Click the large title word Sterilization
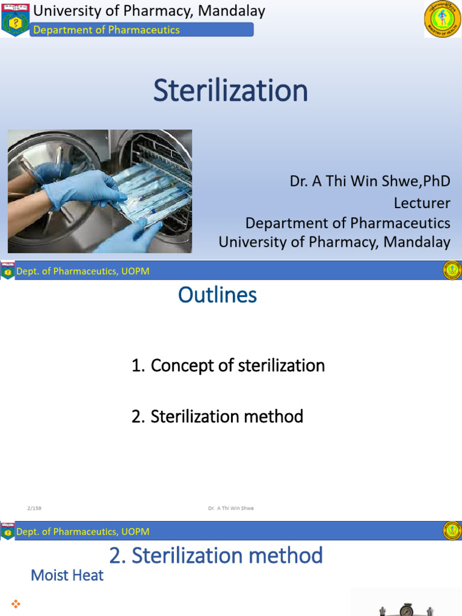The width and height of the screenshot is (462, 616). tap(230, 91)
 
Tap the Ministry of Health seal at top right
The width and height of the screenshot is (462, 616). tap(442, 19)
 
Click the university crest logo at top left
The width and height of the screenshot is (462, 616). tap(15, 20)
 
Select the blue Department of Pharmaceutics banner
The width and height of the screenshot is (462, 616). tap(142, 29)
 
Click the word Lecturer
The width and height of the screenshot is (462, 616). tap(422, 203)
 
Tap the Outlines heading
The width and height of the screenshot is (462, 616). tap(218, 295)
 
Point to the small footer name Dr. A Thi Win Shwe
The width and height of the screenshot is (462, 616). tap(230, 508)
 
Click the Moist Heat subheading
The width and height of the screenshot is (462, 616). tap(67, 576)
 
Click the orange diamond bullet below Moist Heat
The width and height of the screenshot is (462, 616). tap(16, 603)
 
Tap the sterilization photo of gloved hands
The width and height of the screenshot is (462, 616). tap(100, 191)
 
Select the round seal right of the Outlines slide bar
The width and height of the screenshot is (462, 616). tap(452, 270)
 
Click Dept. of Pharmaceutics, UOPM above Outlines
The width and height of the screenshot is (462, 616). tap(83, 271)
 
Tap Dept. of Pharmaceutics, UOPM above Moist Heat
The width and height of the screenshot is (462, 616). tap(83, 531)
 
